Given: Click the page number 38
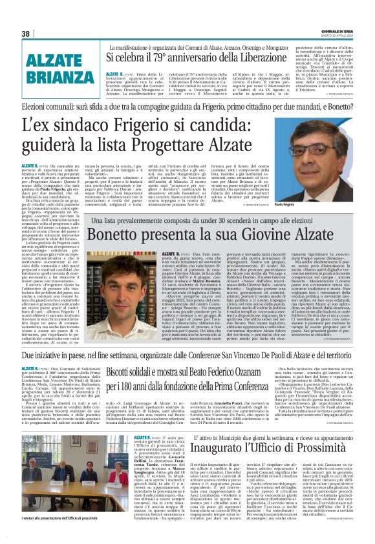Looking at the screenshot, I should pos(26,34).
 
